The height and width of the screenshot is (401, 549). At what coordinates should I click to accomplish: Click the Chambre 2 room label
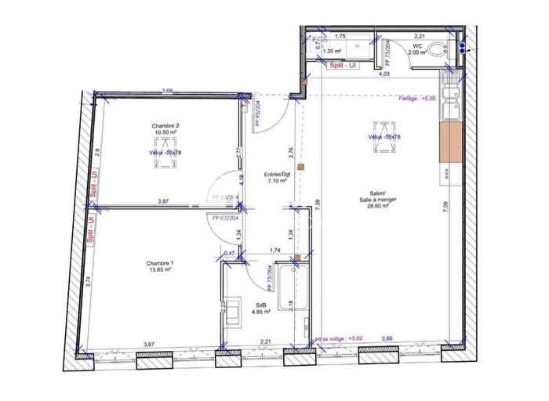[x=165, y=125]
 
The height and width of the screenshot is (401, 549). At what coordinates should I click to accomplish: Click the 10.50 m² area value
[x=165, y=133]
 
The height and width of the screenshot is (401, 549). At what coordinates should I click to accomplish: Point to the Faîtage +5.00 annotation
[x=416, y=99]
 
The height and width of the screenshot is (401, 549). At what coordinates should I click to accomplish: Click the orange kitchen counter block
[x=453, y=143]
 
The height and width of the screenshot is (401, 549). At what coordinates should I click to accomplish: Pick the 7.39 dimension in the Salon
[x=317, y=204]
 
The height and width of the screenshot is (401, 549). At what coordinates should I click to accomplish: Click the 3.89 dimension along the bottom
[x=387, y=338]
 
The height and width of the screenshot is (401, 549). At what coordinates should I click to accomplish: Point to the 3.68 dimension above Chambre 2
[x=166, y=92]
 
